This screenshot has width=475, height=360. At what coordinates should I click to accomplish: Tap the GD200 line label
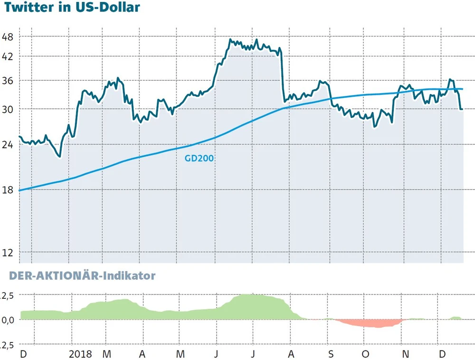tap(199, 159)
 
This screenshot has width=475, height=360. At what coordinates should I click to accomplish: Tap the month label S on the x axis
tap(331, 354)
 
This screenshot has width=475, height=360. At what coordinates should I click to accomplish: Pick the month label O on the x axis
tap(365, 354)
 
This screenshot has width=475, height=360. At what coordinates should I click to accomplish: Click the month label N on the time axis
tap(405, 354)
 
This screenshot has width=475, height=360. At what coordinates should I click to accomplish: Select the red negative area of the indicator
tap(370, 323)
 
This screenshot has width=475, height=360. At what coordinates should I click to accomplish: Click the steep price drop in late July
tap(282, 76)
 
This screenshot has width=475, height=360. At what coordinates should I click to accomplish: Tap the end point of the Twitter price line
tap(462, 109)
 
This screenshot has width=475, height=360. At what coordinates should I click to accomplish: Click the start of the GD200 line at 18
tap(20, 190)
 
